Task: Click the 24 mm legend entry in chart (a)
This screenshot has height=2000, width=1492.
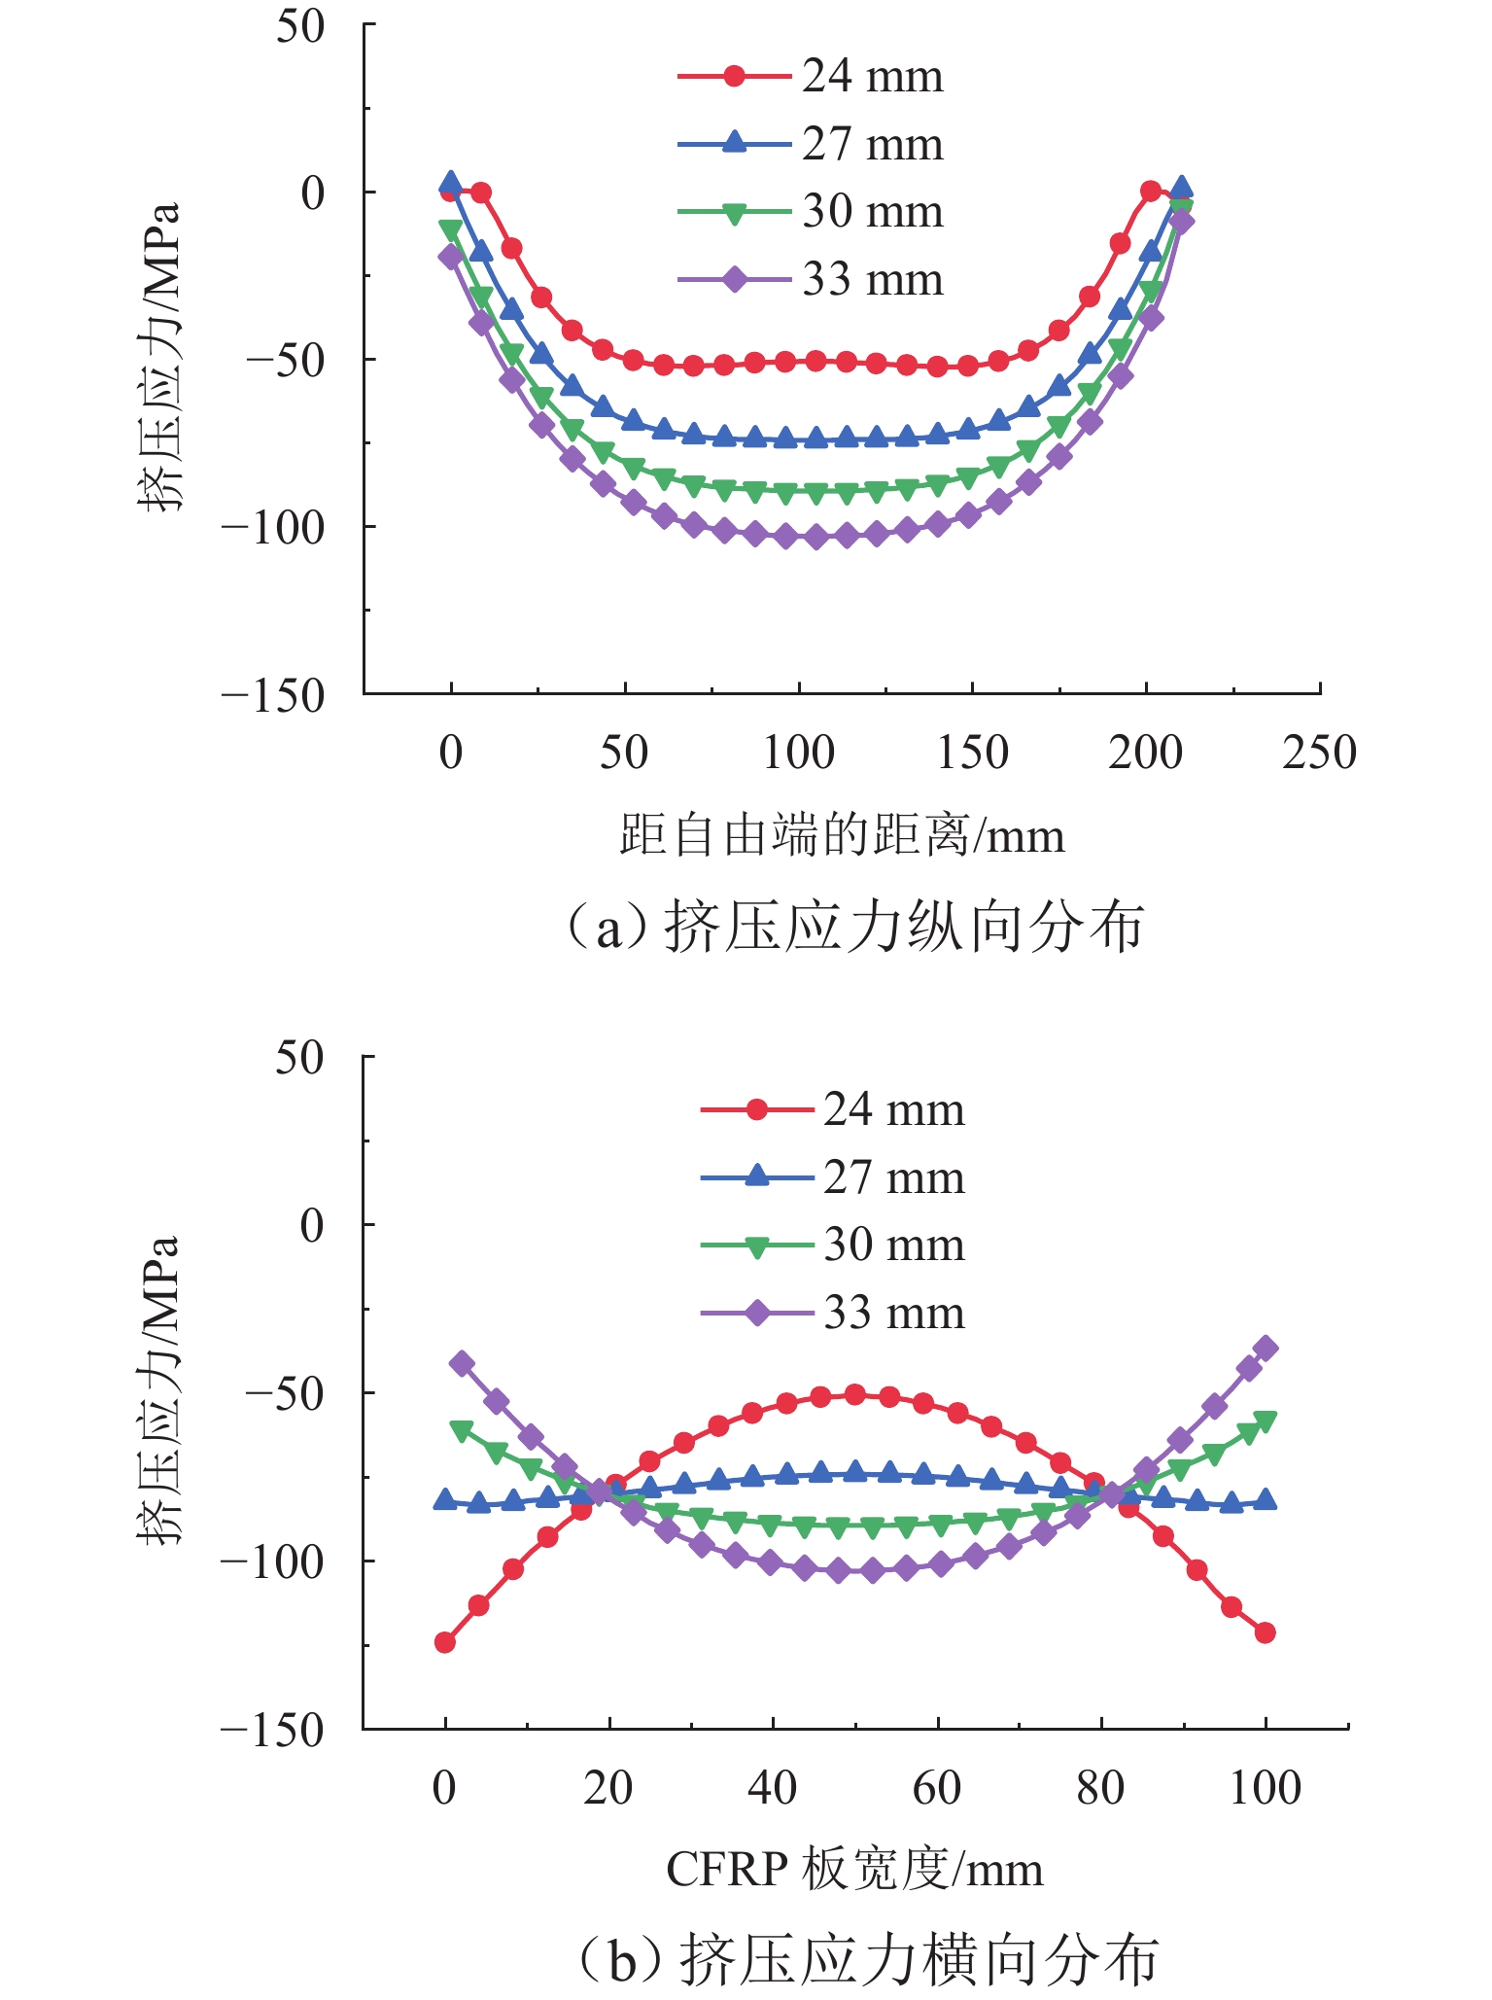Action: (811, 77)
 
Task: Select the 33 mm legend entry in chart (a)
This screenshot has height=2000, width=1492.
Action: (811, 280)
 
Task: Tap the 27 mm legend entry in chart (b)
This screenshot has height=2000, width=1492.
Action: (833, 1177)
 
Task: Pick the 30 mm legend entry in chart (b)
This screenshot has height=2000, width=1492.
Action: (833, 1246)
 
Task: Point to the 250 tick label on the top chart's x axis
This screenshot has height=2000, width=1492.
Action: (1319, 754)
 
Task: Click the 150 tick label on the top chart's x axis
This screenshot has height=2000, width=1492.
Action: (972, 754)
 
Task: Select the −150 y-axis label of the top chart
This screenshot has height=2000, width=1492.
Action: (273, 695)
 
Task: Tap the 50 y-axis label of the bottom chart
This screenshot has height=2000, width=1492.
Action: (299, 1057)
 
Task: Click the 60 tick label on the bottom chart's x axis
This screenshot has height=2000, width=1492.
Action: (937, 1787)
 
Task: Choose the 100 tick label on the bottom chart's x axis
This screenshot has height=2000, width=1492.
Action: (1265, 1787)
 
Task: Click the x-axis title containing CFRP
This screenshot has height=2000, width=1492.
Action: (854, 1869)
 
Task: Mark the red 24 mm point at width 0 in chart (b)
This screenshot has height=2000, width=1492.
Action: (445, 1642)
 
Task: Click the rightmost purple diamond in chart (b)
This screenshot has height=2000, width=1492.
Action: (1266, 1349)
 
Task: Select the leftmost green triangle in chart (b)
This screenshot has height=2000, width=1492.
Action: (461, 1430)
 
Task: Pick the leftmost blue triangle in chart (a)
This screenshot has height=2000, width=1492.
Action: (450, 182)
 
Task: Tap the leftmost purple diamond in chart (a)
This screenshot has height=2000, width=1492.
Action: (450, 257)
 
